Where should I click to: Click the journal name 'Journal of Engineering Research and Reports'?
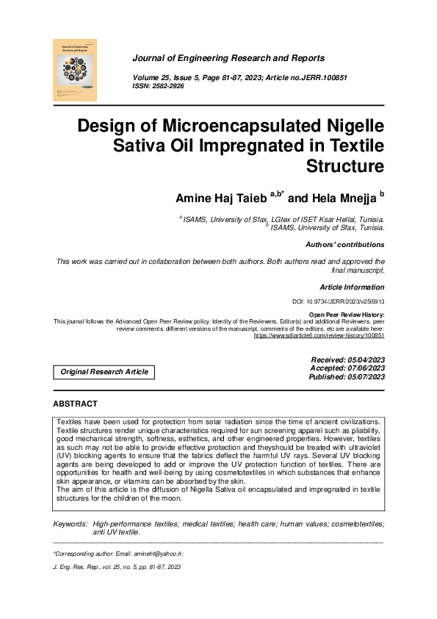228,58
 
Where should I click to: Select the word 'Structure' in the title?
345,165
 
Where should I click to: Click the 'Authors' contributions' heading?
344,245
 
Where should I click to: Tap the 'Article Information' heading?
351,287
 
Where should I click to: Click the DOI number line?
338,302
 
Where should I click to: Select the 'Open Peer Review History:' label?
346,315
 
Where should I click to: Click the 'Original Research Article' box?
104,372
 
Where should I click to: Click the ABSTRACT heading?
75,404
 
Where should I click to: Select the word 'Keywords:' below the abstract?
71,523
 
